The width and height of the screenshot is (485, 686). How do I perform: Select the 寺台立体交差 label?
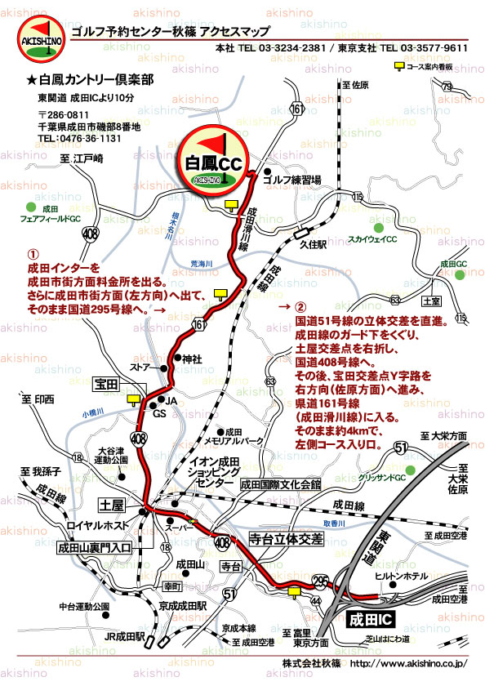[x=286, y=540]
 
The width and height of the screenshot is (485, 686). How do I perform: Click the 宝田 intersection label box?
[x=107, y=383]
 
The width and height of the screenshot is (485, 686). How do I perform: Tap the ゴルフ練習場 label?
[x=292, y=179]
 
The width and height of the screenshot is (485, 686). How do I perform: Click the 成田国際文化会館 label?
[x=279, y=484]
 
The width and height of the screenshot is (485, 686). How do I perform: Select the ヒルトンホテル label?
[x=402, y=576]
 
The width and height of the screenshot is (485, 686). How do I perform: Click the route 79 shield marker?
[x=446, y=87]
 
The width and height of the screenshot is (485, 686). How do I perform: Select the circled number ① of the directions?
[x=33, y=254]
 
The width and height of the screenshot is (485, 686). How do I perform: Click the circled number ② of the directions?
[x=301, y=308]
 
